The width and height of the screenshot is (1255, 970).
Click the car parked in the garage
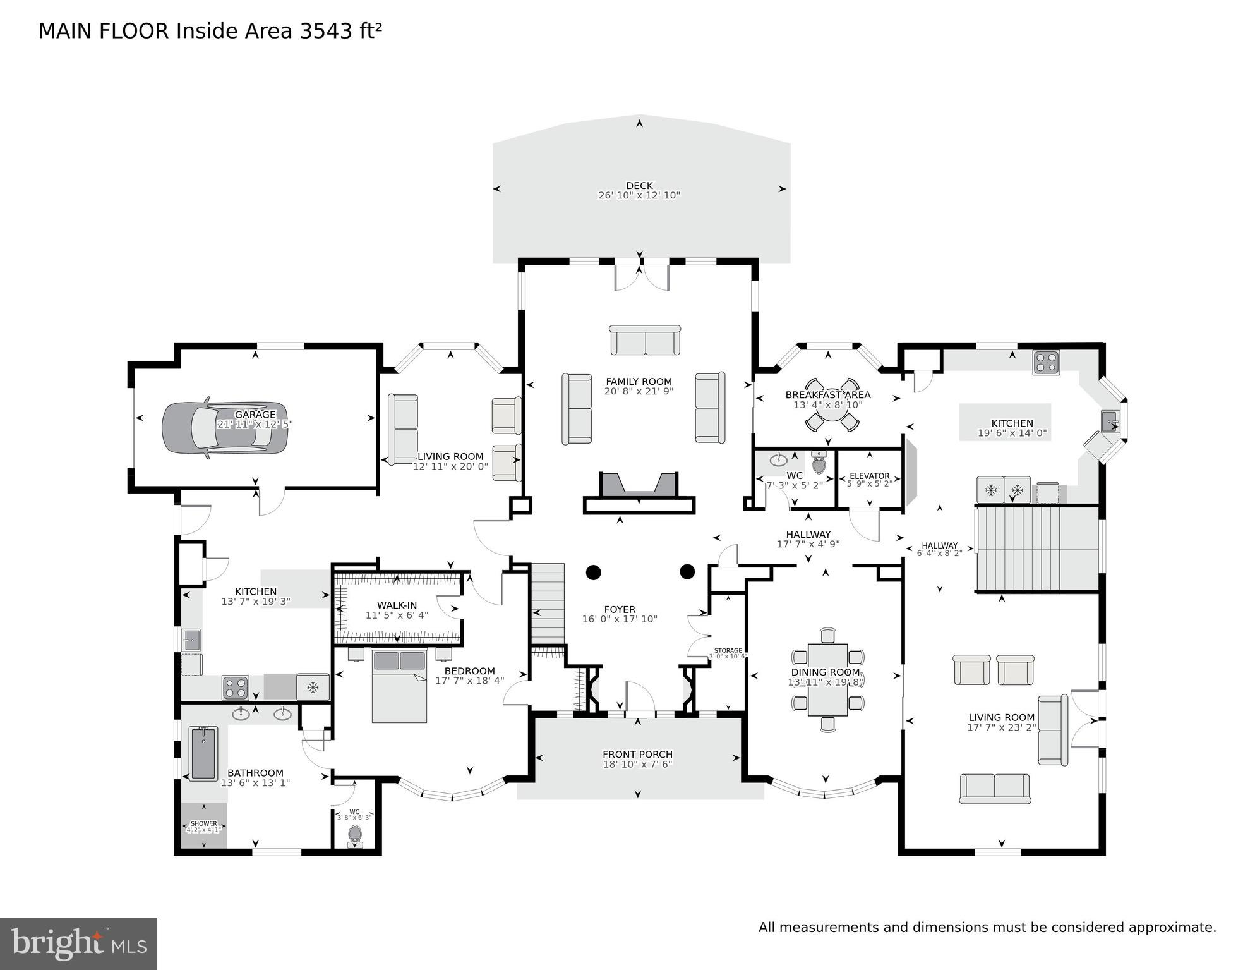(x=224, y=428)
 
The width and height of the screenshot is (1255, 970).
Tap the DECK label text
(x=639, y=186)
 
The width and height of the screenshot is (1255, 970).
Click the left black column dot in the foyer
(x=593, y=573)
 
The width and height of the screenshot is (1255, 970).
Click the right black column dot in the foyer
(x=687, y=572)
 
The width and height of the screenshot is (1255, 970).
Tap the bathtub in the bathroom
(x=203, y=753)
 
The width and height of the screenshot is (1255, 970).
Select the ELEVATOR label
(x=869, y=476)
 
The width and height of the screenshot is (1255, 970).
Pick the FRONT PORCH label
(x=637, y=754)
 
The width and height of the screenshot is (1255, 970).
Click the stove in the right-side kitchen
(x=1046, y=363)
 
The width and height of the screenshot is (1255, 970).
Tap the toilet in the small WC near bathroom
(x=355, y=834)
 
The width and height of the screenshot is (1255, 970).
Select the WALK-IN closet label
(x=397, y=605)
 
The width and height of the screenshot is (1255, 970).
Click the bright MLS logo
(x=78, y=943)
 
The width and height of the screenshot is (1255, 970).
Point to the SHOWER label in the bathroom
(x=203, y=823)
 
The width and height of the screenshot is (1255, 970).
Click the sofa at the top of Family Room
(x=645, y=341)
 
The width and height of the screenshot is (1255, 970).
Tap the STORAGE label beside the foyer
(x=728, y=650)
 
